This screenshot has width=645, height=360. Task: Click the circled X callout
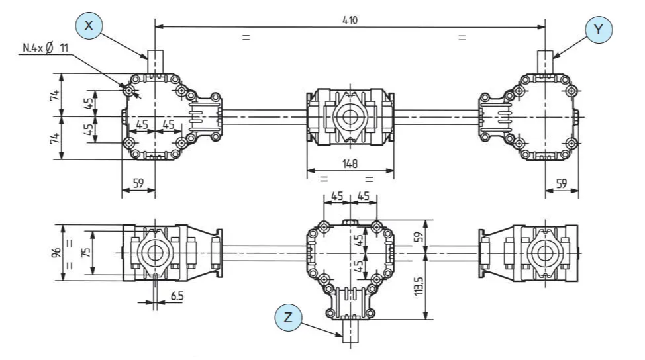[x=89, y=26]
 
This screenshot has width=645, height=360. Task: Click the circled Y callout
[x=599, y=30]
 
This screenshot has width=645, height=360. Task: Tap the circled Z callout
[x=288, y=317]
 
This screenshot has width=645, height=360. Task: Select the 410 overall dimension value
[x=350, y=20]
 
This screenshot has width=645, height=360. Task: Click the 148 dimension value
[x=350, y=164]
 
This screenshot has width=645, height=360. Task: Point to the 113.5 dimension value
[x=419, y=286]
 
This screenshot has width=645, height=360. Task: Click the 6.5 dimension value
[x=177, y=296]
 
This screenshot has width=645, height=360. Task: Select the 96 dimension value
[x=57, y=252]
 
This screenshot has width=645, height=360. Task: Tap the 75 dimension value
[x=86, y=252]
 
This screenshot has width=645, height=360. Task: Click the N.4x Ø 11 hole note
[x=45, y=48]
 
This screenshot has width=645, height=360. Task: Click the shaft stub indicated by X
[x=155, y=62]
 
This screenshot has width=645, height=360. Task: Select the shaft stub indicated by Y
[x=546, y=62]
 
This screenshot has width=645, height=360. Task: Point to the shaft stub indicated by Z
[x=350, y=332]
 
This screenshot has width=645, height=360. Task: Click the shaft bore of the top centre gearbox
[x=350, y=117]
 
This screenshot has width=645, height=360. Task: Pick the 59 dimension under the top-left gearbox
[x=139, y=183]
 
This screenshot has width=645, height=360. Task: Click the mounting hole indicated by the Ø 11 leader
[x=130, y=90]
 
